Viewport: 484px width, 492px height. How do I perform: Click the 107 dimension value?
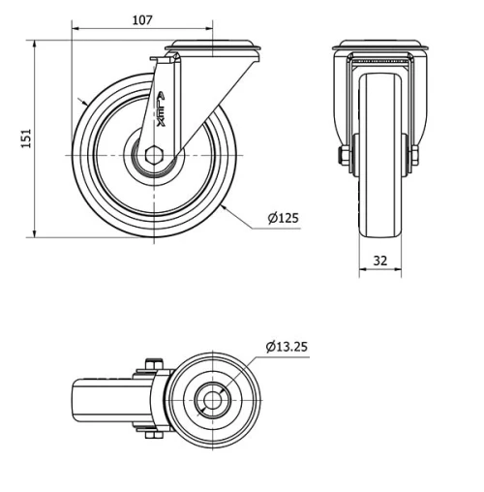141,19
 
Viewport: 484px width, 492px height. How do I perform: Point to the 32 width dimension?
379,260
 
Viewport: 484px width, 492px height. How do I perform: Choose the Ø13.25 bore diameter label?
287,347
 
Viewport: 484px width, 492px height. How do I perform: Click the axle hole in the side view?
155,156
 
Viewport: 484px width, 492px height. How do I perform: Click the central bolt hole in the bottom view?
210,398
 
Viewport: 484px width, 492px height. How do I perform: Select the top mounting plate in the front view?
379,46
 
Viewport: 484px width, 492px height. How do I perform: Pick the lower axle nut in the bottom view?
151,433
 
